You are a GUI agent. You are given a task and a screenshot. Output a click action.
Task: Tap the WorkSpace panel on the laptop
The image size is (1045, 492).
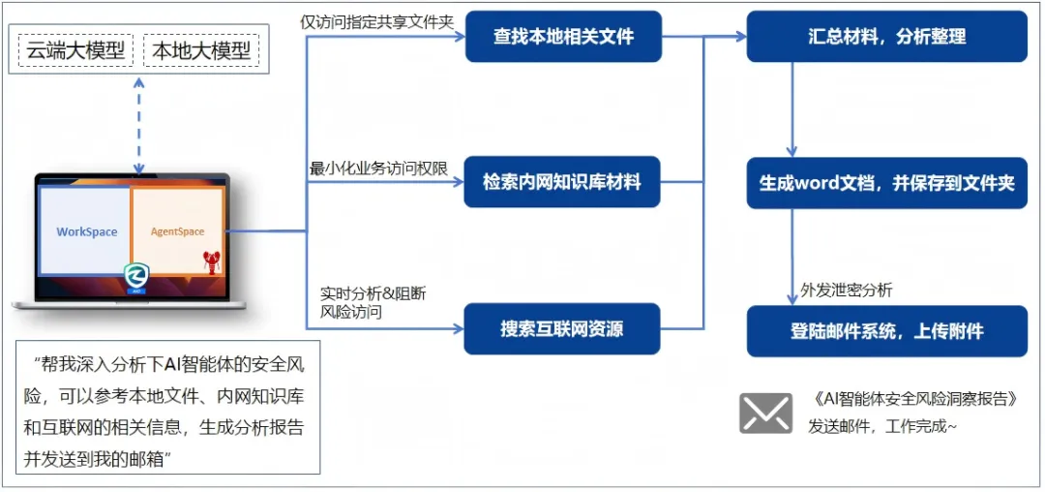86,231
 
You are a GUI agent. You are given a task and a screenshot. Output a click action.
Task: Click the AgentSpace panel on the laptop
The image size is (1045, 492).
177,231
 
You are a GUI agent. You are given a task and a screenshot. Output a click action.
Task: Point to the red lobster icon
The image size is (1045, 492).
212,261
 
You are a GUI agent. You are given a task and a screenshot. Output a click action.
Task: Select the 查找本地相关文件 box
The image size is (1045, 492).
563,37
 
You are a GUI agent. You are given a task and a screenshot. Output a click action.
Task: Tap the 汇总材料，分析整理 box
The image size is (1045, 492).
886,37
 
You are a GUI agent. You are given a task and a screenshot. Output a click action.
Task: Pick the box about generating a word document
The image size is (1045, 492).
886,183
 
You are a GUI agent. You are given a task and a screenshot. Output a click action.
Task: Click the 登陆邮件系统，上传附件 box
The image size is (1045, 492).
886,331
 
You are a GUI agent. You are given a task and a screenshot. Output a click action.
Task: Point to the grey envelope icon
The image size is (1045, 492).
765,413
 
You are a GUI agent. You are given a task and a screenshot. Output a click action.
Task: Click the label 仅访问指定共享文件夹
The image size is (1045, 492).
376,21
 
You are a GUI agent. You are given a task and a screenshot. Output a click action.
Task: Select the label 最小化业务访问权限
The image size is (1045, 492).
378,169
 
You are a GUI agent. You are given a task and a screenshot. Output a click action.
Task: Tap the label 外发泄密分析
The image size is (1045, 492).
847,290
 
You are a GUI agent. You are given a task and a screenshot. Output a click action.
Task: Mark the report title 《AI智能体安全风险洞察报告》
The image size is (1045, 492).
915,399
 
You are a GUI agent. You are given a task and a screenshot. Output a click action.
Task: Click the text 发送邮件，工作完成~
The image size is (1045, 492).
881,426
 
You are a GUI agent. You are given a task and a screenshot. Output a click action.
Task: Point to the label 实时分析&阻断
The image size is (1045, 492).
373,293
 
